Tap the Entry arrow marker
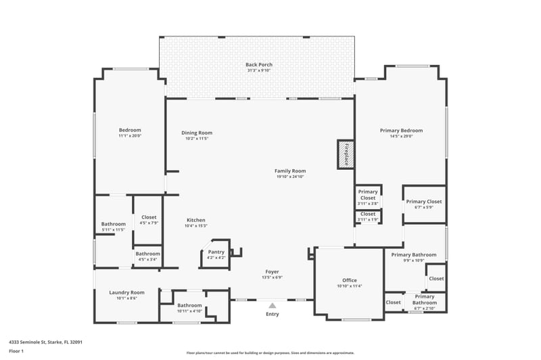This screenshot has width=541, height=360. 272,305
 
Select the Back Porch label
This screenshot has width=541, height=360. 259,65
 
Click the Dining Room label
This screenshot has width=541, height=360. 197,133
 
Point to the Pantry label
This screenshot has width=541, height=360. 216,252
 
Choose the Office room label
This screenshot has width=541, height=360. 350,280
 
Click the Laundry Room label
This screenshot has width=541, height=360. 127,292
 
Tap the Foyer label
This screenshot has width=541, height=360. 272,272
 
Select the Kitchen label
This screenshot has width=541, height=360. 196,220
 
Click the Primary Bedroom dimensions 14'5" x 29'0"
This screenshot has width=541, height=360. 401,136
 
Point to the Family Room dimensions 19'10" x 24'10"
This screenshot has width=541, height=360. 291,177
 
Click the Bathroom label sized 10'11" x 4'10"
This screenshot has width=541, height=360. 190,305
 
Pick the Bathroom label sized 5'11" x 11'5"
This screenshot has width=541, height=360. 114,224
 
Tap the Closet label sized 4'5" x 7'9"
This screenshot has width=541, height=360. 149,217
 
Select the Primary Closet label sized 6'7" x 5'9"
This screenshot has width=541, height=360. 424,202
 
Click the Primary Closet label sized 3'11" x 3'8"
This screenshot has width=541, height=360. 368,192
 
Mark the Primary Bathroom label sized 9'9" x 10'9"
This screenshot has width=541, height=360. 414,254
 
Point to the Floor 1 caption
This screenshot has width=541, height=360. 16,351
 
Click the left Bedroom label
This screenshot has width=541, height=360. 130,130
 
